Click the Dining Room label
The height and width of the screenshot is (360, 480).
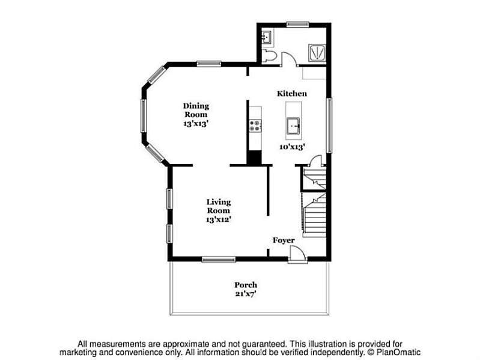[196, 110]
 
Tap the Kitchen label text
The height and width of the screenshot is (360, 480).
[292, 94]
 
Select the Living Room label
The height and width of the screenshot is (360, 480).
[219, 206]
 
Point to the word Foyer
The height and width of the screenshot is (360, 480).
[284, 240]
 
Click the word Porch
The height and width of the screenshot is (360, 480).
[246, 285]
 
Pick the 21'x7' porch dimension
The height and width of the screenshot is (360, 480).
[246, 293]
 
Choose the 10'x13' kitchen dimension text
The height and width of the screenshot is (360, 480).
[293, 146]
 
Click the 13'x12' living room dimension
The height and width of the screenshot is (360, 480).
[219, 219]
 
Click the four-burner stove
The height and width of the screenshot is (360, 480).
[255, 126]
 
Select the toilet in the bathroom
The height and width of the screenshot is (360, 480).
[269, 56]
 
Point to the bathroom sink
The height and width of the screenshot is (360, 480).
[267, 37]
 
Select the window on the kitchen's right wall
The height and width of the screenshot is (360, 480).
[329, 125]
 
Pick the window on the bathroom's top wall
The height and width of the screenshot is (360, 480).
[297, 24]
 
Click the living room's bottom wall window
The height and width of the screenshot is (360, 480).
[218, 260]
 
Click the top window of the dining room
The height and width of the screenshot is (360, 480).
[208, 63]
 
